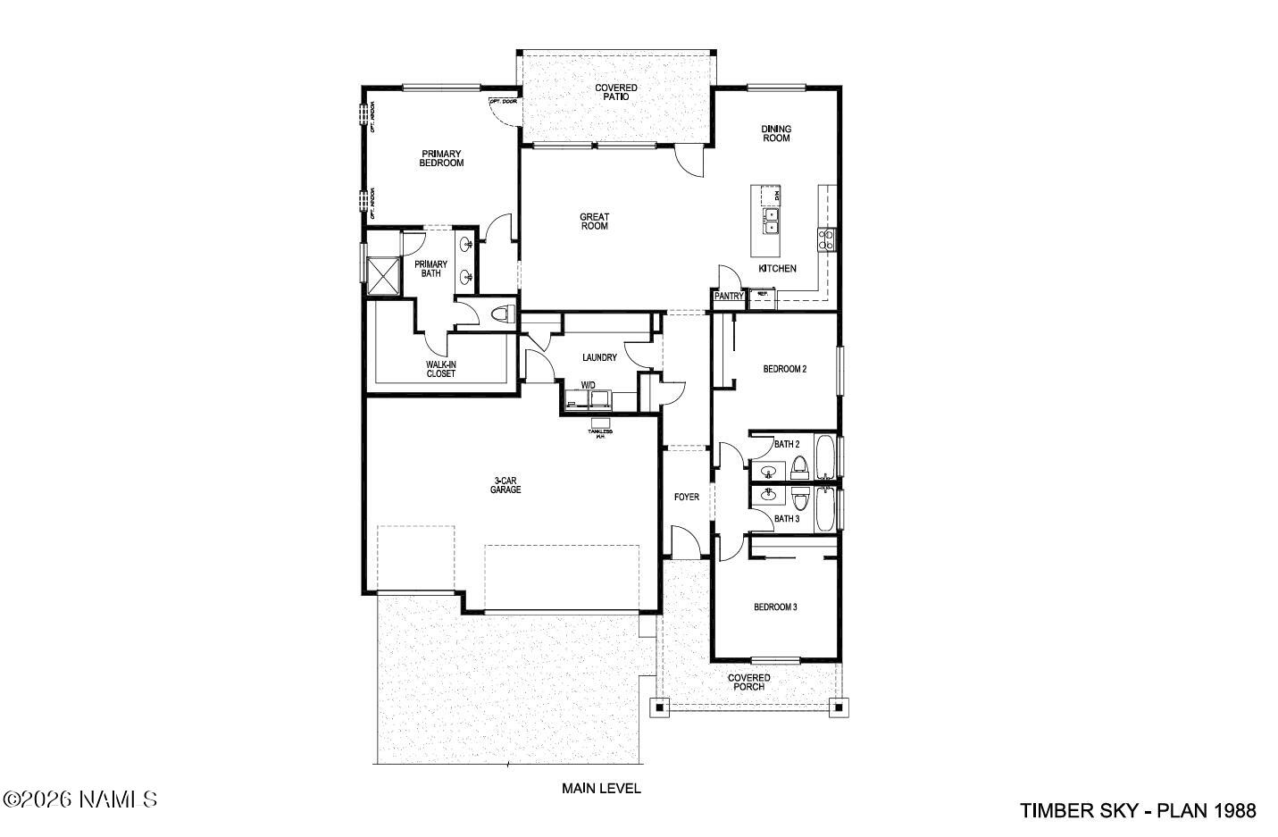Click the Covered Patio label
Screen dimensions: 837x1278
[616, 92]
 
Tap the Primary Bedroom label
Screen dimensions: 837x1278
[442, 158]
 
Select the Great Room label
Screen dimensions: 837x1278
[594, 222]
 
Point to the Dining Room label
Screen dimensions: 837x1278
[775, 133]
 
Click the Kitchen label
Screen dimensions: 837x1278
[777, 268]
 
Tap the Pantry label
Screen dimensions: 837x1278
[729, 297]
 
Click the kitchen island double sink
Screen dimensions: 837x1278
[770, 221]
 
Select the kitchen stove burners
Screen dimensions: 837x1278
[827, 239]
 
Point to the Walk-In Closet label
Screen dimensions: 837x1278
[440, 368]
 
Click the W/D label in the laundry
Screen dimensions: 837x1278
[589, 385]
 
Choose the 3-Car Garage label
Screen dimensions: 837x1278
[505, 485]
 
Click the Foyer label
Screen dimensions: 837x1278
[686, 497]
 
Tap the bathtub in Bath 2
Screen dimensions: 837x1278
[826, 456]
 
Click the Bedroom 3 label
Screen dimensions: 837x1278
[775, 607]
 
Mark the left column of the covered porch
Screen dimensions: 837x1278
[659, 707]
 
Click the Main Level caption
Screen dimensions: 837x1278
[601, 789]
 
